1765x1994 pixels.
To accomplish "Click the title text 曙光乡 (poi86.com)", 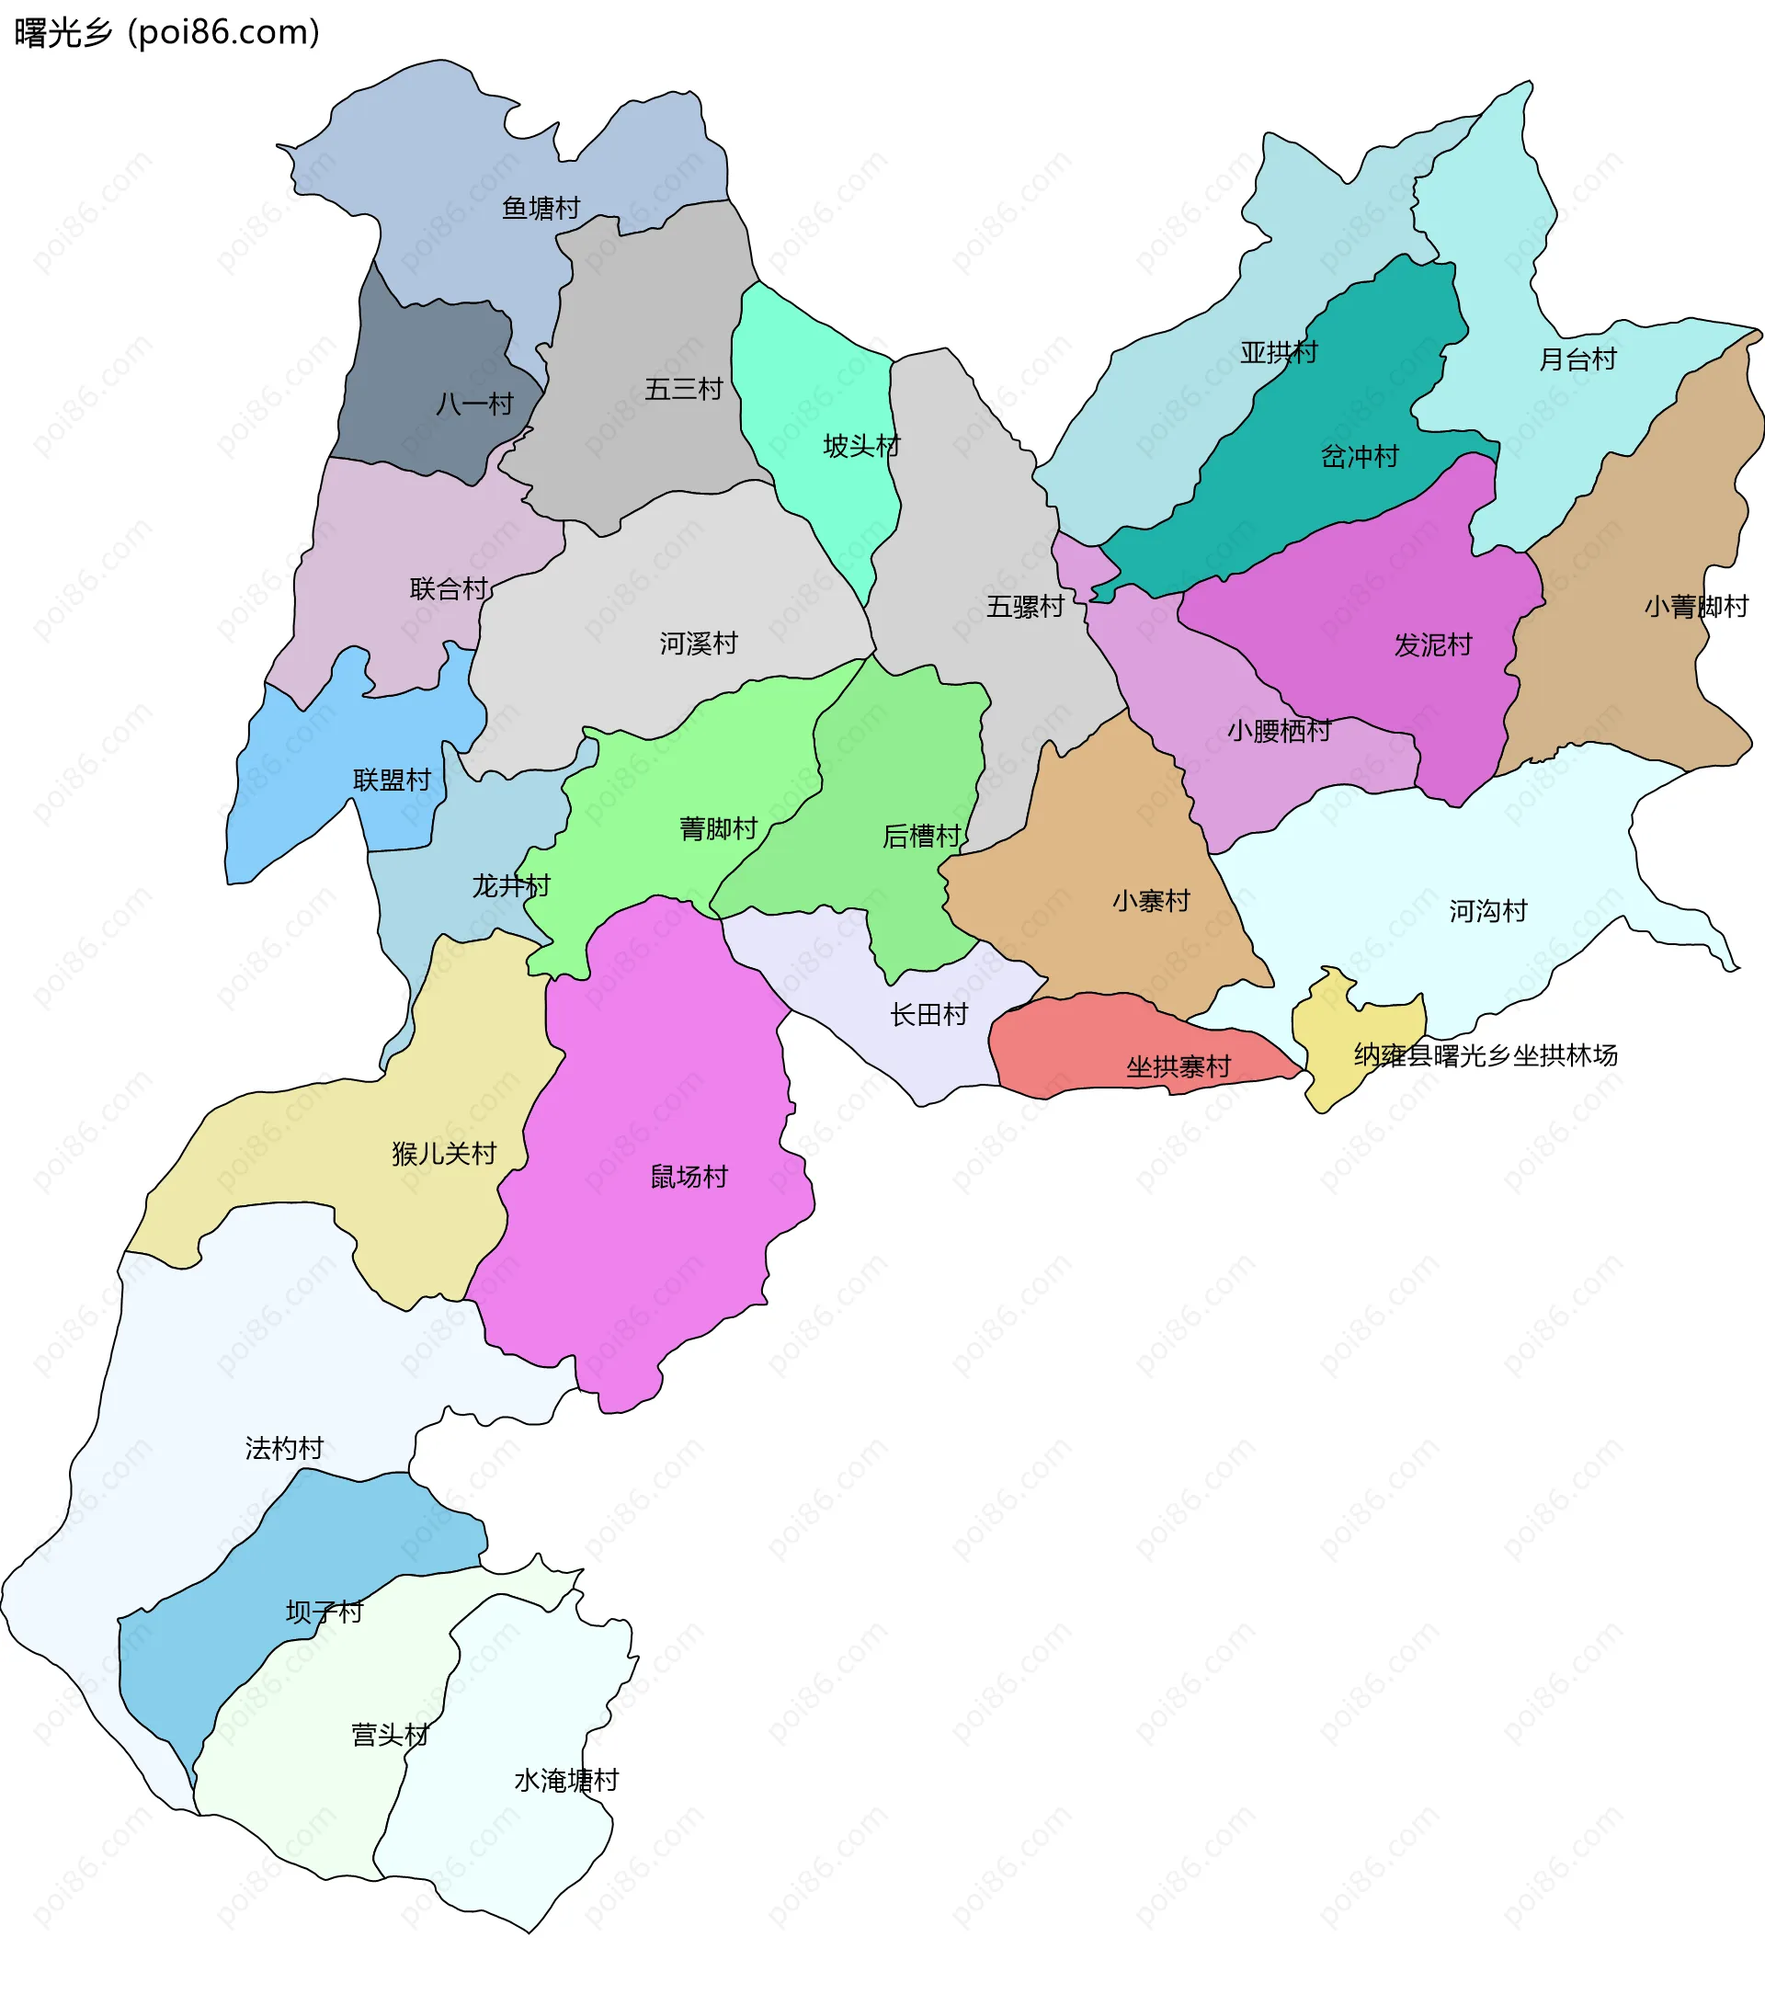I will pyautogui.click(x=165, y=32).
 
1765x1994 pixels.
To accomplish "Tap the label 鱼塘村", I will pyautogui.click(x=541, y=208).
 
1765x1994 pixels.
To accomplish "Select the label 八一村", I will pyautogui.click(x=474, y=404).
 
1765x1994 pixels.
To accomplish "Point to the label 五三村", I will pyautogui.click(x=683, y=389).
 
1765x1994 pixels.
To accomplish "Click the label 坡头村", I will pyautogui.click(x=860, y=446).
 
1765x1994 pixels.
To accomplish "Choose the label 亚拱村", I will pyautogui.click(x=1278, y=352).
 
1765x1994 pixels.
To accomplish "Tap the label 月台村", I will pyautogui.click(x=1577, y=359).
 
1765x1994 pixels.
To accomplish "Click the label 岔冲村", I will pyautogui.click(x=1359, y=457).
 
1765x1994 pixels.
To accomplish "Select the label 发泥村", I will pyautogui.click(x=1432, y=644).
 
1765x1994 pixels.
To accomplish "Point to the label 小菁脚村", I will pyautogui.click(x=1696, y=607).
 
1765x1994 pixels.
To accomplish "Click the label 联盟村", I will pyautogui.click(x=392, y=780).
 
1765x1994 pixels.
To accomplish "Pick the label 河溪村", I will pyautogui.click(x=698, y=643).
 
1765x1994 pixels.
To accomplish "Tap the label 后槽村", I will pyautogui.click(x=921, y=836).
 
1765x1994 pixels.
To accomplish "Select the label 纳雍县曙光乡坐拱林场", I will pyautogui.click(x=1485, y=1054).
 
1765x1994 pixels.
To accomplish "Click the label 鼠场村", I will pyautogui.click(x=689, y=1177).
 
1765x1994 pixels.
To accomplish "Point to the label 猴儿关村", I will pyautogui.click(x=444, y=1153).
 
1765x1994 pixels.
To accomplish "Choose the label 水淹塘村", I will pyautogui.click(x=566, y=1781).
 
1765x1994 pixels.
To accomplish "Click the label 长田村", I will pyautogui.click(x=928, y=1015).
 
